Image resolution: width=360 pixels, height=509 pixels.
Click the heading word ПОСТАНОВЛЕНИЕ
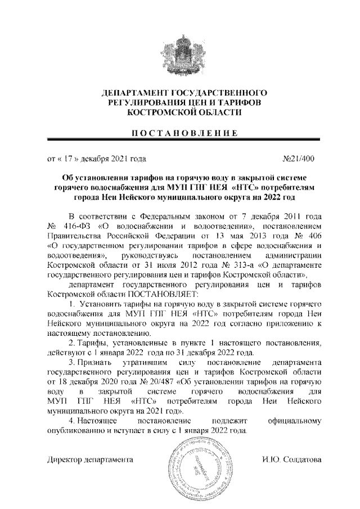(x=180, y=133)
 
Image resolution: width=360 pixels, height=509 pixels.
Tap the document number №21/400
(x=301, y=159)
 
